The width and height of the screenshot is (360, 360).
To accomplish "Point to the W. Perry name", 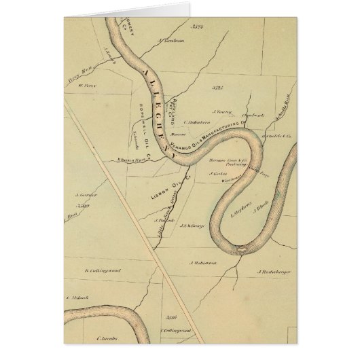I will pos(86,86).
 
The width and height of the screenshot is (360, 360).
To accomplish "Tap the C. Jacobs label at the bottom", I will pos(108,336).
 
